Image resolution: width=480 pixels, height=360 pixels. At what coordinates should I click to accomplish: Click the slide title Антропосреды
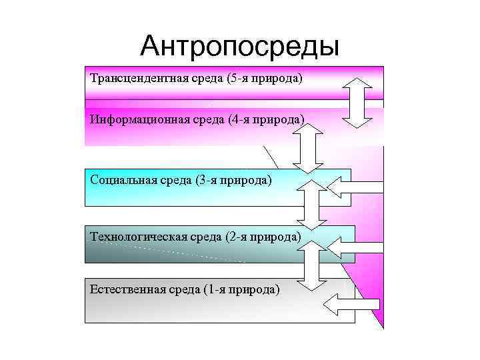(240, 46)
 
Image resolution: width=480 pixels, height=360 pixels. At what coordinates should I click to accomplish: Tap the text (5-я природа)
(264, 79)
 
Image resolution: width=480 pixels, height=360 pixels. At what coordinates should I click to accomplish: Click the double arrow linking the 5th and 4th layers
(360, 102)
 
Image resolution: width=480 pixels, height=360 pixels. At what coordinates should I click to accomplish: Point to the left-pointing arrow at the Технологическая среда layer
(357, 248)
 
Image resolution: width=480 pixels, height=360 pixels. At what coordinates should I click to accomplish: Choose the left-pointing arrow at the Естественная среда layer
(351, 305)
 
